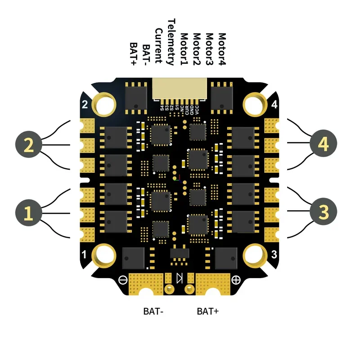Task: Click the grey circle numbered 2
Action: pos(28,145)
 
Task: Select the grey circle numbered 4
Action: pos(323,145)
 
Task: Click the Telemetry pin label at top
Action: pos(171,42)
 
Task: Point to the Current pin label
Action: pos(158,45)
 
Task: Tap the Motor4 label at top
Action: pos(221,49)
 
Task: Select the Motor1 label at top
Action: pos(184,49)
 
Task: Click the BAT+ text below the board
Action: pos(207,311)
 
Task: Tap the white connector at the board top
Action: pos(180,88)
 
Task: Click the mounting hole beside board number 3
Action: pos(257,256)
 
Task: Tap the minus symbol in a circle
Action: pos(123,279)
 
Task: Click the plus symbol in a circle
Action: pos(236,279)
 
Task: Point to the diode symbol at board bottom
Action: pos(180,278)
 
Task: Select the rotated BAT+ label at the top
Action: pos(134,54)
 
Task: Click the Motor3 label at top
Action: pos(209,49)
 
